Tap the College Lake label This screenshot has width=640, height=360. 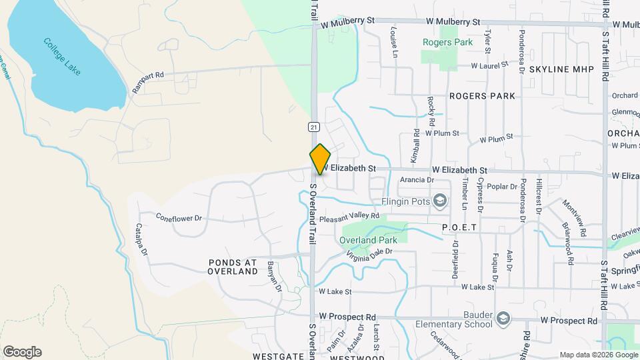[x=62, y=56]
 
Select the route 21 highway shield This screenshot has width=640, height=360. [x=313, y=127]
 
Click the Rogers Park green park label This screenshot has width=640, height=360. [x=447, y=42]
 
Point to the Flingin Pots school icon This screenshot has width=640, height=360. [x=439, y=201]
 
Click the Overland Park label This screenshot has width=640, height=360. [x=368, y=240]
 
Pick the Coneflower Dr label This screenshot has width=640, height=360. [x=179, y=217]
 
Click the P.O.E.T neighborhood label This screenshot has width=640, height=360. [x=459, y=227]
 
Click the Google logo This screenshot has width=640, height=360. [x=22, y=352]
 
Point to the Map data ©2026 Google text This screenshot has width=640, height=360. [x=597, y=354]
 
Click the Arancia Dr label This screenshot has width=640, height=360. [x=417, y=179]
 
